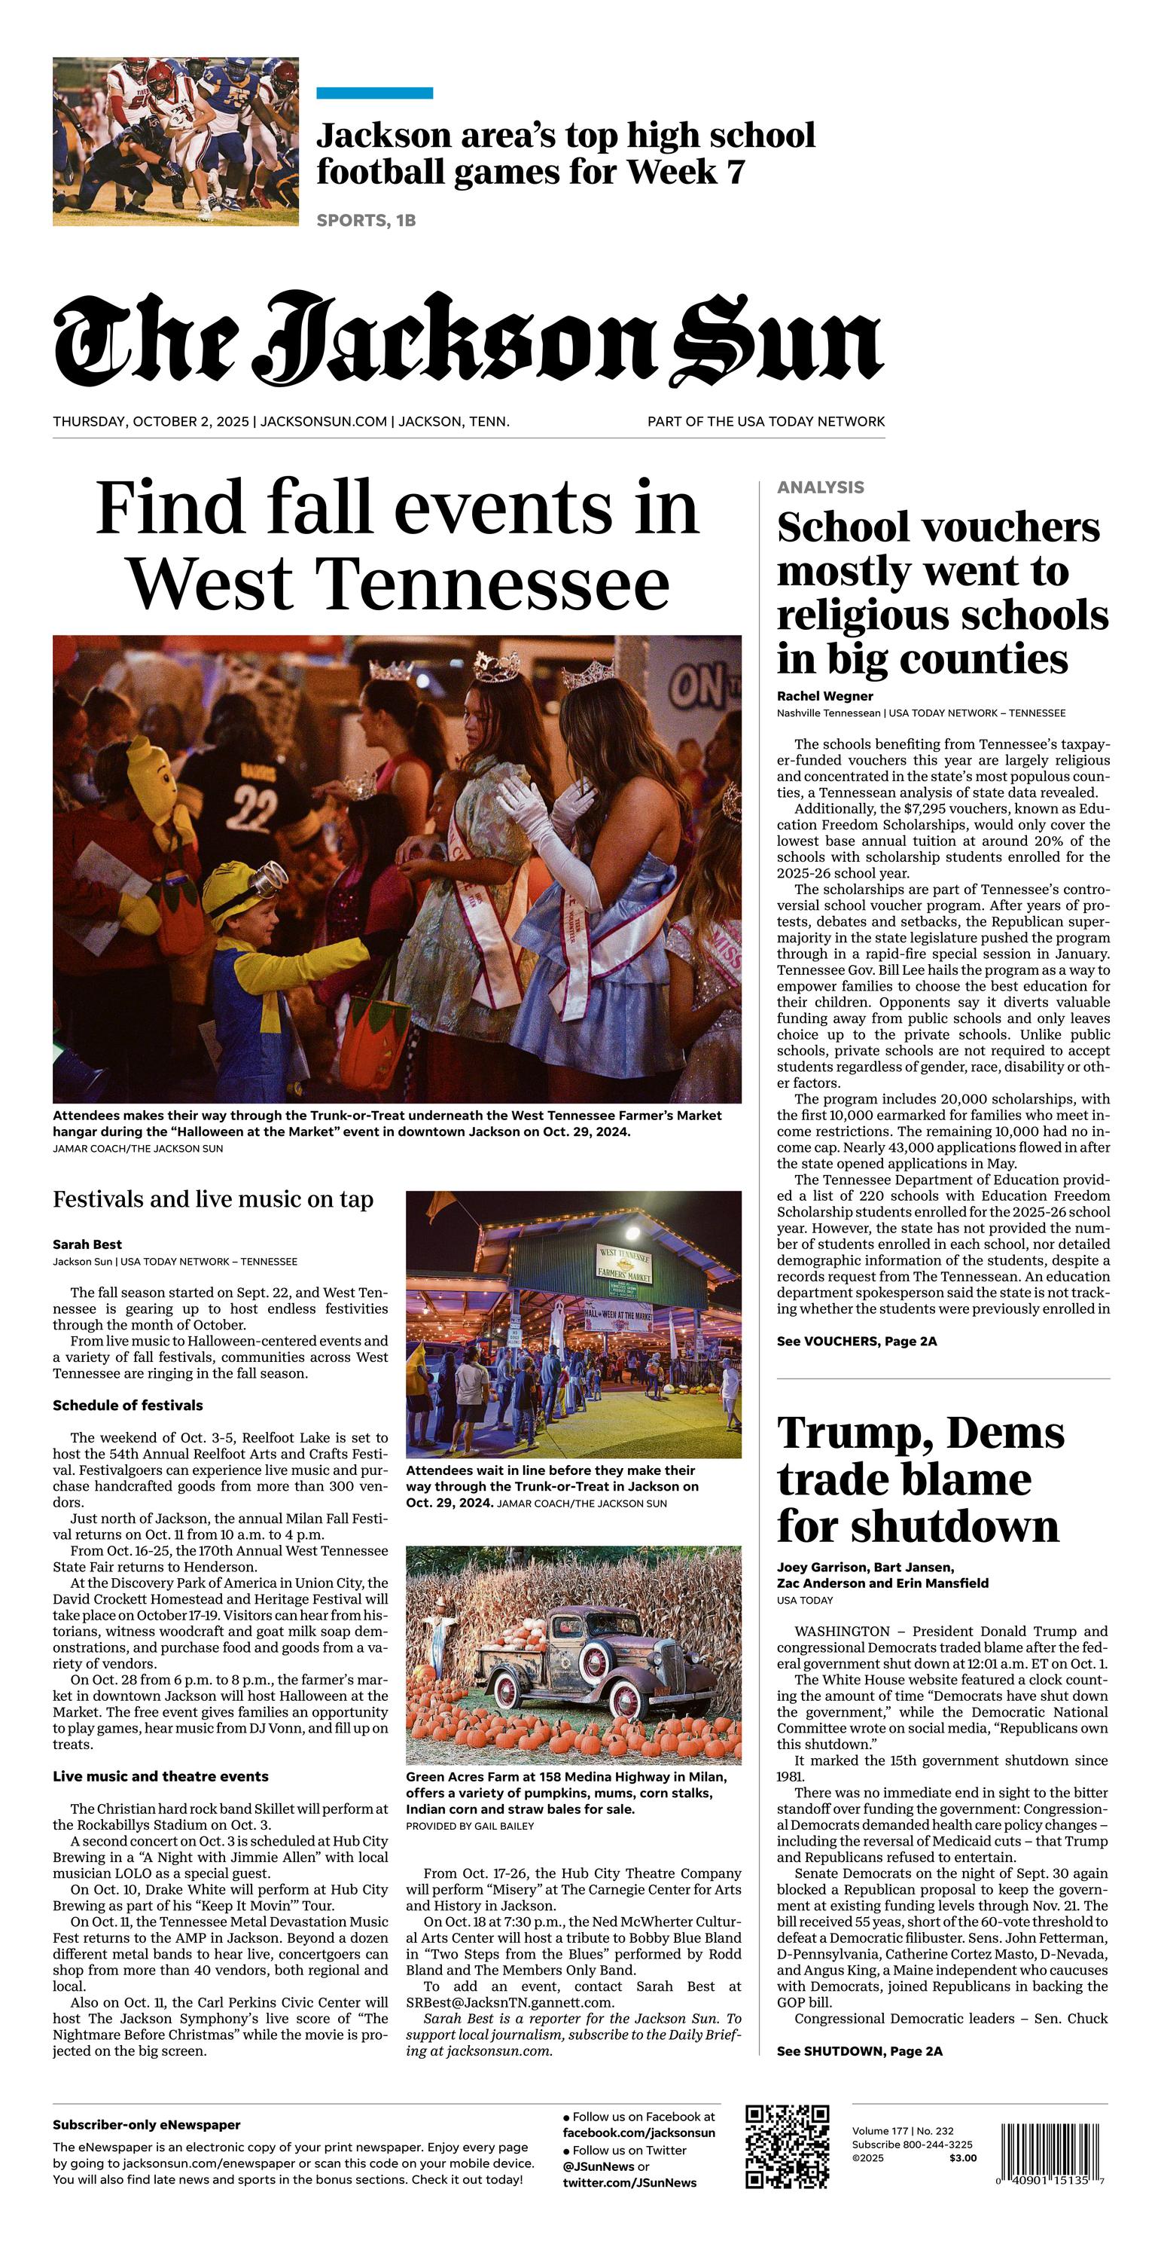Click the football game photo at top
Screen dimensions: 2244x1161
[x=175, y=142]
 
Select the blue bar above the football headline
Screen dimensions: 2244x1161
[x=374, y=93]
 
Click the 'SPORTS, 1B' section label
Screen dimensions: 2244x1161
[x=366, y=221]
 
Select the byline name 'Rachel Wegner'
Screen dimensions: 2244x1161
[x=824, y=696]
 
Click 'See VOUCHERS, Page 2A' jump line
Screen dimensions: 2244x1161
[x=856, y=1342]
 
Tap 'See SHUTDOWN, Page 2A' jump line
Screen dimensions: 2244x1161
[x=859, y=2051]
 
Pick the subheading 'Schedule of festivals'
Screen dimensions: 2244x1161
[x=127, y=1405]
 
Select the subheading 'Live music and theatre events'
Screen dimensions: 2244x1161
[x=160, y=1776]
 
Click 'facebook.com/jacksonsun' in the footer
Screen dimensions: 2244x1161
[x=638, y=2133]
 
